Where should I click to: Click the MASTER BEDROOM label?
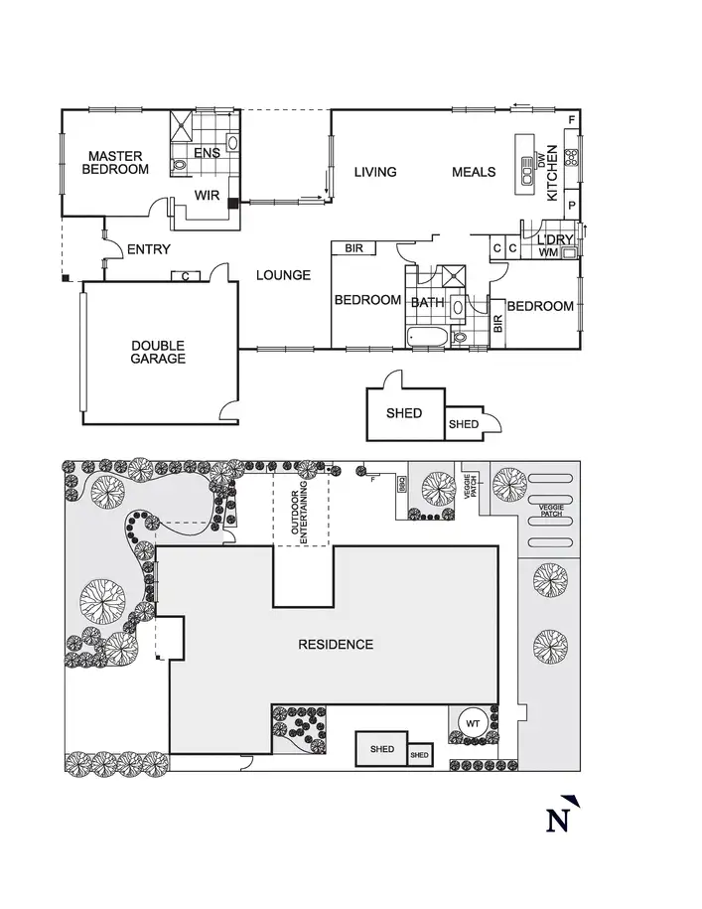coord(115,163)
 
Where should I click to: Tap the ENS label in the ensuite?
coord(207,153)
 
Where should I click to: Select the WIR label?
coord(207,196)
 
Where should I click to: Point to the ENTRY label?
coord(149,249)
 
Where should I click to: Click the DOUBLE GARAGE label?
coord(158,353)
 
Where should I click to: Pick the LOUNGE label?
coord(283,275)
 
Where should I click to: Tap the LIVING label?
coord(375,172)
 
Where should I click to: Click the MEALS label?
coord(474,172)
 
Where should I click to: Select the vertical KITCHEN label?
coord(553,172)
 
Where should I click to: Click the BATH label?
coord(427,302)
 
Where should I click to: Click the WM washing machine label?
coord(548,253)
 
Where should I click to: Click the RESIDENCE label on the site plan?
coord(336,645)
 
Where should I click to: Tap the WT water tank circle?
coord(473,724)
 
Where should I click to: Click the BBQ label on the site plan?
coord(402,484)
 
